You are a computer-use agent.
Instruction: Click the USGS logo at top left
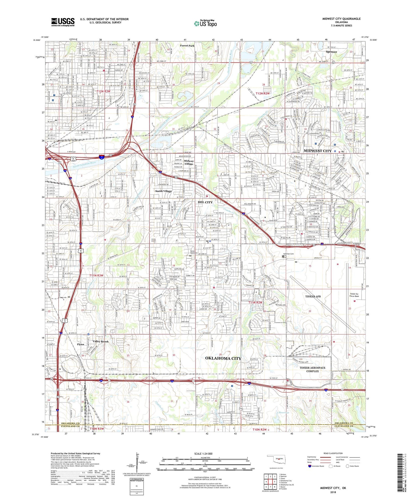(x=63, y=22)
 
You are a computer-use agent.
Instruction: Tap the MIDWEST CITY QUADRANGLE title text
(x=341, y=19)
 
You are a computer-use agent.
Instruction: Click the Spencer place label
(x=331, y=52)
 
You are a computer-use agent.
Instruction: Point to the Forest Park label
(x=187, y=46)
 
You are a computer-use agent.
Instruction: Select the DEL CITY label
(x=205, y=202)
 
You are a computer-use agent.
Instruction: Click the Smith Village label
(x=163, y=191)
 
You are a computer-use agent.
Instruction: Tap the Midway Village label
(x=189, y=162)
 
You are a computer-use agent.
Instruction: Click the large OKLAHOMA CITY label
(x=223, y=358)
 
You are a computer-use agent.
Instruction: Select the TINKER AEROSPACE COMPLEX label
(x=312, y=369)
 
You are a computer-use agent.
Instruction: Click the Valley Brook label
(x=100, y=341)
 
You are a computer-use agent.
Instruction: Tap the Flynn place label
(x=81, y=344)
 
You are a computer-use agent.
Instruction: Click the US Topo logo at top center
(x=205, y=23)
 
